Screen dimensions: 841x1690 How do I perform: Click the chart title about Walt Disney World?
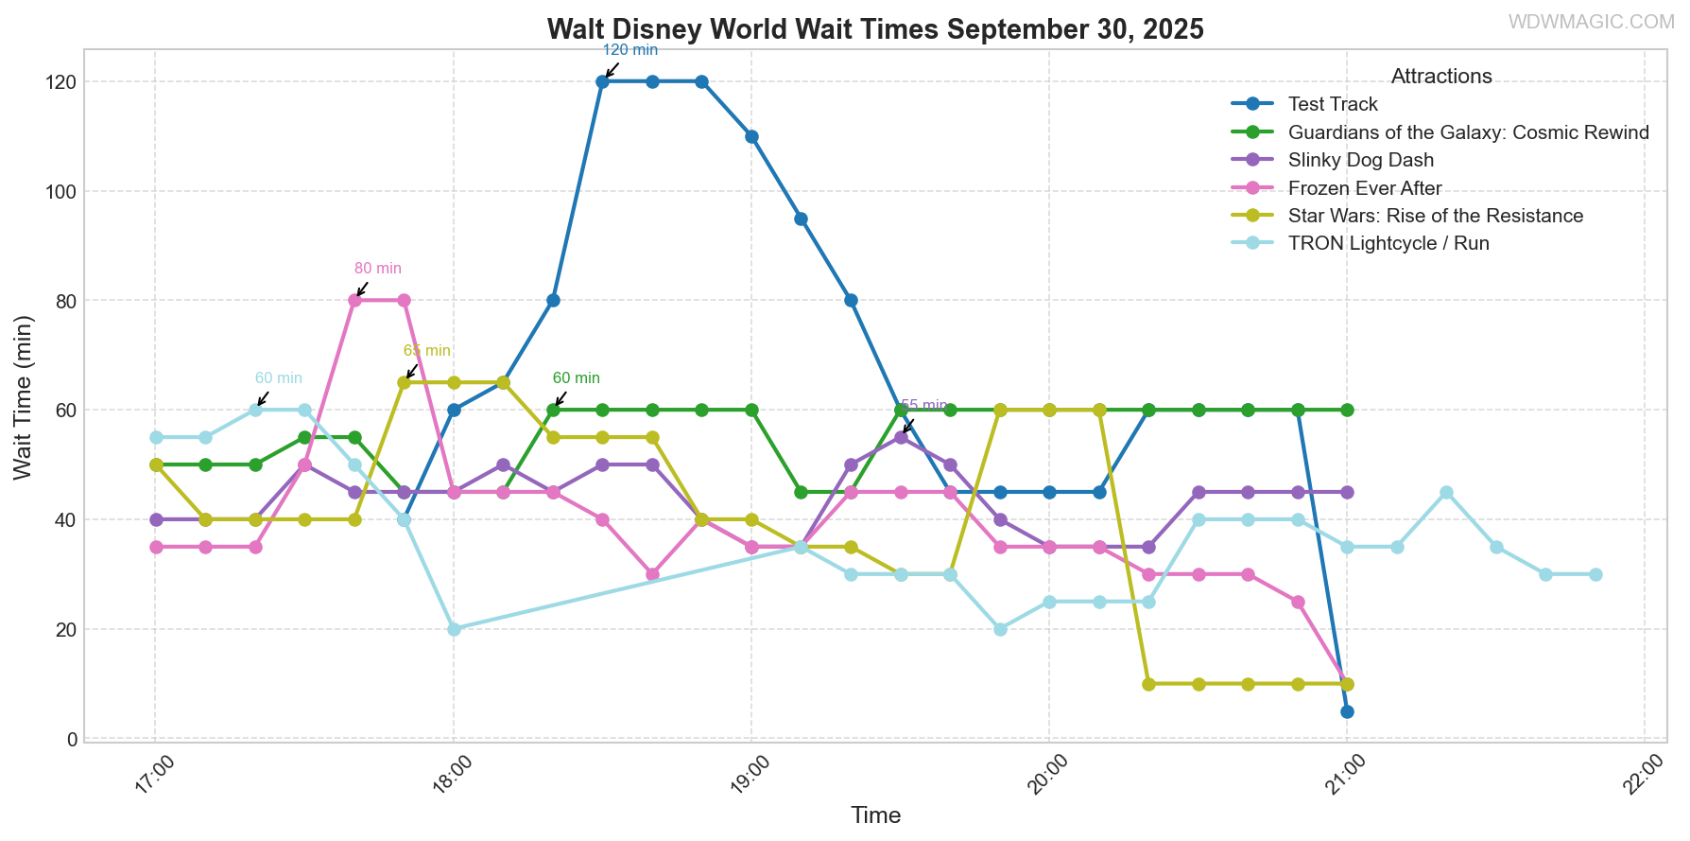click(x=874, y=29)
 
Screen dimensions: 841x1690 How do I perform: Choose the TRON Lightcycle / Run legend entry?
click(x=1388, y=244)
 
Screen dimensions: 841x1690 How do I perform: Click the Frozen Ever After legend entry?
click(x=1364, y=188)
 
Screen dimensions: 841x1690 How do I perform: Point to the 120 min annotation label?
click(x=629, y=50)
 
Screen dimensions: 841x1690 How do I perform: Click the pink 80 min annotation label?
click(x=378, y=270)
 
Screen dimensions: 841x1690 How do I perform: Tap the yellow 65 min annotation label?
click(x=427, y=351)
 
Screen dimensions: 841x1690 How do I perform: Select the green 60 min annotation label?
click(x=577, y=378)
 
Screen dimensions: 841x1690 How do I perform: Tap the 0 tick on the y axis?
click(x=72, y=739)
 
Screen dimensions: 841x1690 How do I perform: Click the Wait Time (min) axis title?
click(x=24, y=397)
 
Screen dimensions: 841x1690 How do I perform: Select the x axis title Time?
click(x=875, y=815)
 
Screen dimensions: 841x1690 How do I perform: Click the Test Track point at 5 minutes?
click(x=1347, y=711)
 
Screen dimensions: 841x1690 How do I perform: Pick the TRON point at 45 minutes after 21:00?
click(x=1446, y=492)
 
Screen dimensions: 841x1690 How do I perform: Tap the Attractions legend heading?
click(x=1441, y=77)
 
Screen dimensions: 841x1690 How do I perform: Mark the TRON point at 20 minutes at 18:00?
click(x=454, y=629)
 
